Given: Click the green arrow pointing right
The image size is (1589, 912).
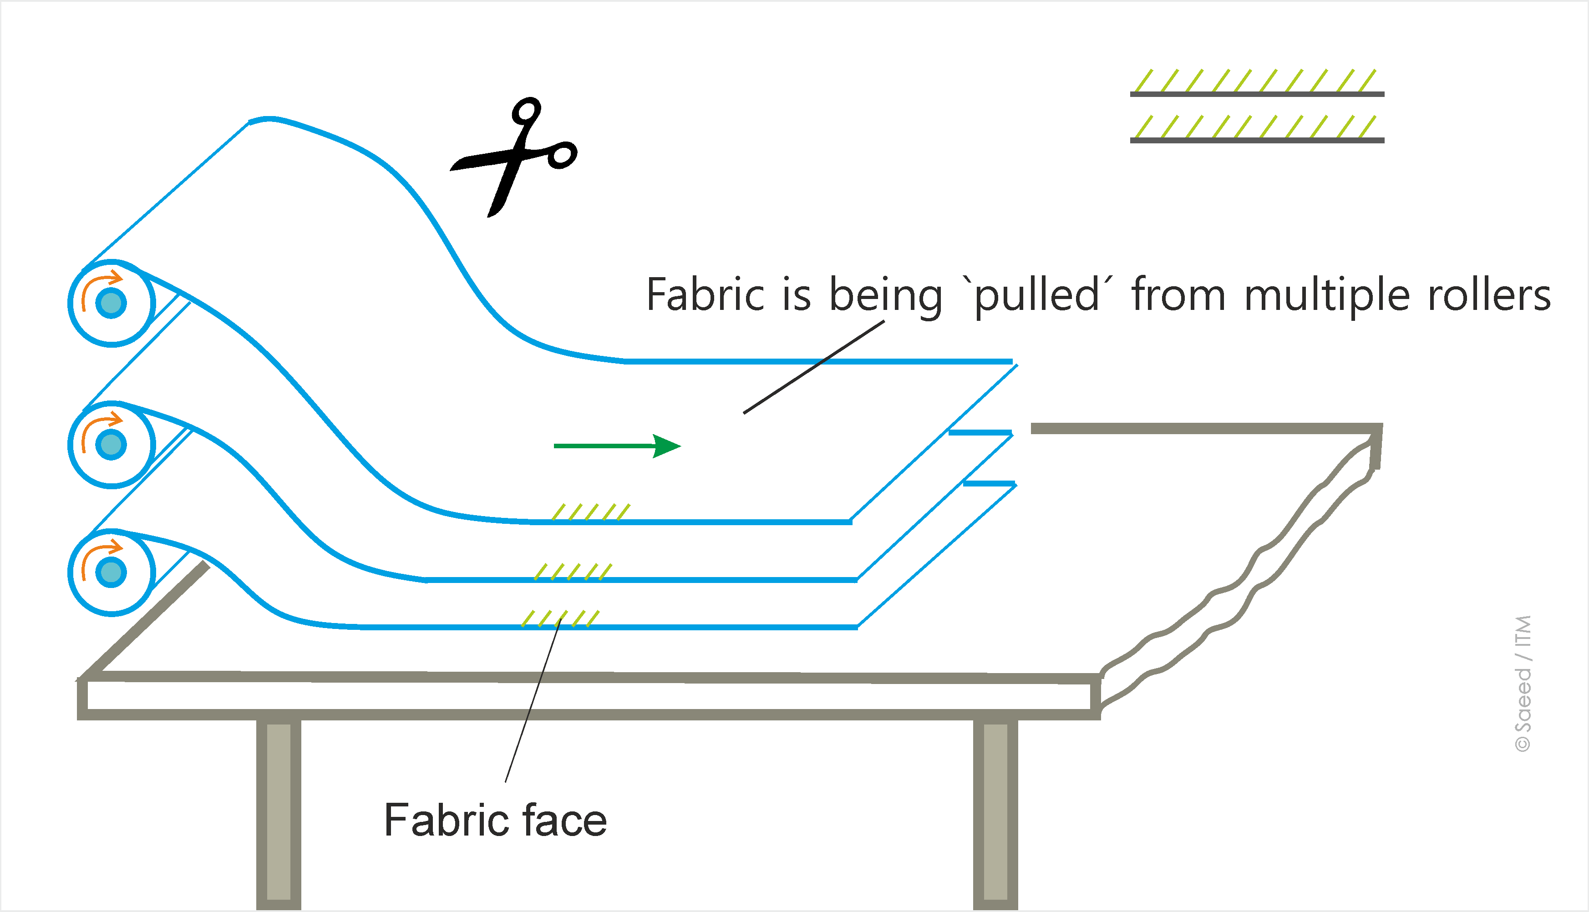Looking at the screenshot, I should coord(617,446).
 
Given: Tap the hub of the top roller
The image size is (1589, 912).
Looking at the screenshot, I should coord(112,303).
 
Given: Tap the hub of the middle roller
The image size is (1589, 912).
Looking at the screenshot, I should coord(112,445).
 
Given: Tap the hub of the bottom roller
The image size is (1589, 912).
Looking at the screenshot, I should coord(112,573).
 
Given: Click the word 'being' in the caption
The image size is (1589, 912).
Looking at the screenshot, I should coord(886,296).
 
